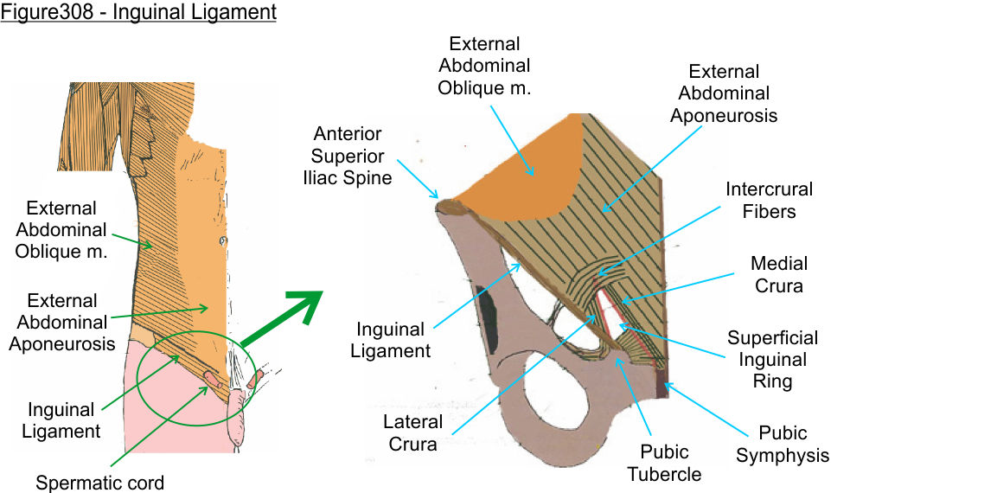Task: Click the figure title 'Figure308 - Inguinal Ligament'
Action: pos(138,13)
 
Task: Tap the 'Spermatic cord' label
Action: pos(99,483)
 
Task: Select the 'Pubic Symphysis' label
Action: pos(783,444)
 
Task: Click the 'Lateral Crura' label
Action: pos(413,433)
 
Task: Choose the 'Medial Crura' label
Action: pos(779,274)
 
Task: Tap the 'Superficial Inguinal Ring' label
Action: pos(772,359)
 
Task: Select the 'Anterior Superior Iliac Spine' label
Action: pos(353,157)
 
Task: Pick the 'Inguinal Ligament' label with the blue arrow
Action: pos(392,340)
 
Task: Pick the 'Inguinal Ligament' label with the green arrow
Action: pos(64,419)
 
